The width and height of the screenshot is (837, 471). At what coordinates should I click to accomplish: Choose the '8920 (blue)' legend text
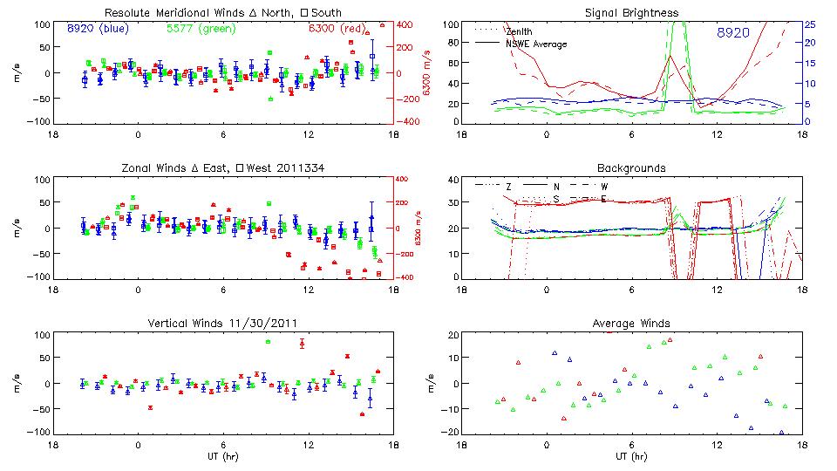click(98, 29)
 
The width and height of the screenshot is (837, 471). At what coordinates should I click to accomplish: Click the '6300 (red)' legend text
click(337, 29)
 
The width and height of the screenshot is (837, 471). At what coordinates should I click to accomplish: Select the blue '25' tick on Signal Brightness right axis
click(809, 24)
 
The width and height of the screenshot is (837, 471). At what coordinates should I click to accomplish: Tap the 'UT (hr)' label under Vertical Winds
click(222, 456)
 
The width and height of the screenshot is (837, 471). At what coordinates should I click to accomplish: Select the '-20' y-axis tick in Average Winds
click(450, 432)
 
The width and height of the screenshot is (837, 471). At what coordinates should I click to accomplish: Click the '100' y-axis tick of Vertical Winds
click(38, 335)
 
